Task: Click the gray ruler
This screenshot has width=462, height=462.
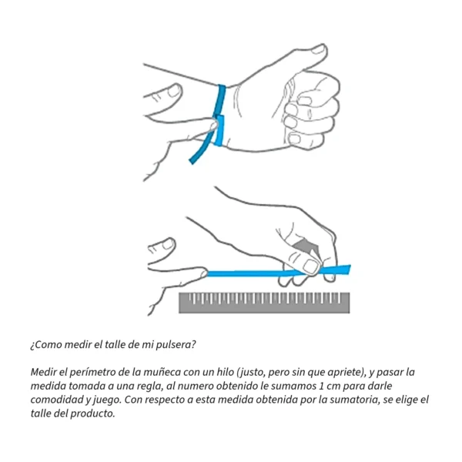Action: coord(264,303)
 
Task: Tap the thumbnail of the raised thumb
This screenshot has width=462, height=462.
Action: coord(319,49)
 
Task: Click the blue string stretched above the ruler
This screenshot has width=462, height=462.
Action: coord(279,273)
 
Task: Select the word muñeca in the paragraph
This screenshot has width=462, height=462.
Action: coord(162,372)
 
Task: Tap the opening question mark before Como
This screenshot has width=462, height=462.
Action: coord(32,345)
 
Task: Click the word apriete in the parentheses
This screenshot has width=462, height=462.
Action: coord(343,373)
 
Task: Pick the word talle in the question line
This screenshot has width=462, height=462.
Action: coord(115,344)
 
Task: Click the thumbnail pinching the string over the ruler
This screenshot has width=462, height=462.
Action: coord(310,266)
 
